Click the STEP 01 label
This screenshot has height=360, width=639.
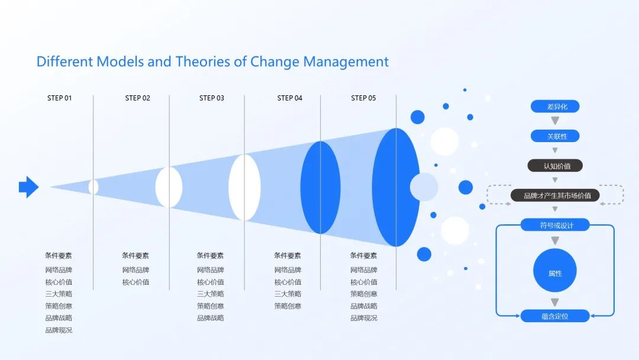[60, 98]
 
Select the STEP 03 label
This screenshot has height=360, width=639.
[211, 98]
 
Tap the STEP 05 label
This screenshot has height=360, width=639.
[363, 98]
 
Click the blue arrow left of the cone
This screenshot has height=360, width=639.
[29, 187]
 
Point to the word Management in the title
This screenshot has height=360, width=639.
[346, 62]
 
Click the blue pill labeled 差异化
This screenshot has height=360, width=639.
[555, 107]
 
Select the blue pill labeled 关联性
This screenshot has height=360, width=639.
[555, 136]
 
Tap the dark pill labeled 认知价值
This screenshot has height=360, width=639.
[555, 166]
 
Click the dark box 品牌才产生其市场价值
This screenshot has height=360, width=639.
[555, 195]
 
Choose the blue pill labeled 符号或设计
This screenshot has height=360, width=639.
[555, 225]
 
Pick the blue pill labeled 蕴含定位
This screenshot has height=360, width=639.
[555, 316]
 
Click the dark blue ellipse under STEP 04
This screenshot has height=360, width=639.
[320, 188]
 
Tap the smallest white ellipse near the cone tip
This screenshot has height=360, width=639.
[93, 187]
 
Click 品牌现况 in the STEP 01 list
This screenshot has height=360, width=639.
[59, 330]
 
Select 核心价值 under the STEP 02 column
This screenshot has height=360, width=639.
[135, 282]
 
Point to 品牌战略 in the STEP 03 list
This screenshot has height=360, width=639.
[210, 317]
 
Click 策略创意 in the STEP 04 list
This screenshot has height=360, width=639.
[288, 306]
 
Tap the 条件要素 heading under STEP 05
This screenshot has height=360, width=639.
[363, 255]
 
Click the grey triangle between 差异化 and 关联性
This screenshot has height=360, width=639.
[555, 121]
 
